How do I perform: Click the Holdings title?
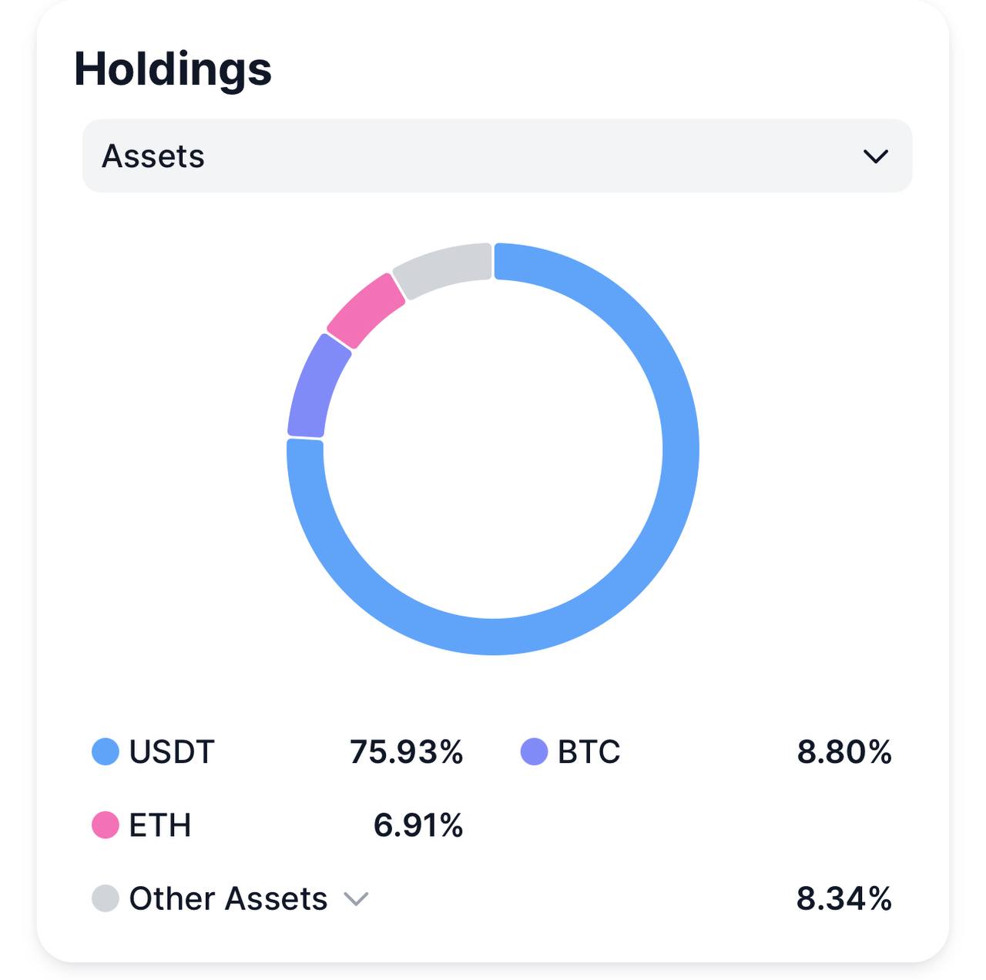173,69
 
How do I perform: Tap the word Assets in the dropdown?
153,156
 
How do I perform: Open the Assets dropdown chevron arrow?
876,156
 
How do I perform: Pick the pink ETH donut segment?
365,310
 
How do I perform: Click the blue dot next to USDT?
106,751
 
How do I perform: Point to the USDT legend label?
171,751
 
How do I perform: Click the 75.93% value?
406,751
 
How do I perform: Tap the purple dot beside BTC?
534,751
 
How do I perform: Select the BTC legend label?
589,751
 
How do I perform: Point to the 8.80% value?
844,751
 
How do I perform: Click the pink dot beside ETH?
106,824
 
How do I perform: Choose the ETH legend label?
159,824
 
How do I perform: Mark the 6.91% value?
418,824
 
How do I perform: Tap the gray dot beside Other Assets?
106,898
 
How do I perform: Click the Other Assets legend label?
228,898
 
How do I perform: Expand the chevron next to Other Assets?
356,898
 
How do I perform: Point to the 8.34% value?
843,898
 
